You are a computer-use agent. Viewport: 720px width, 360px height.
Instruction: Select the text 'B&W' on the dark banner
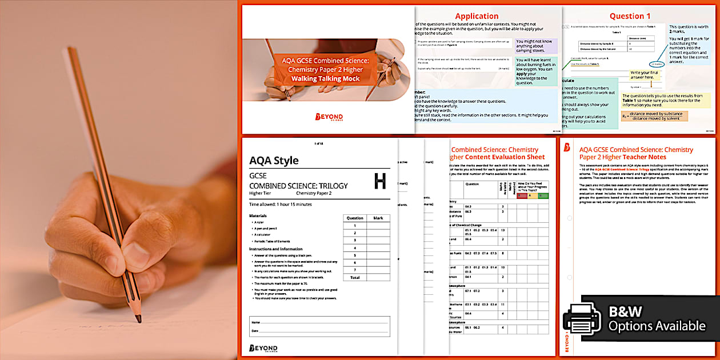pyautogui.click(x=626, y=312)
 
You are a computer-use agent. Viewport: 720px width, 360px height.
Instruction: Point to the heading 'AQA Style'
pyautogui.click(x=274, y=161)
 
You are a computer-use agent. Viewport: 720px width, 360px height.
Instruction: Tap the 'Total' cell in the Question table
pyautogui.click(x=354, y=277)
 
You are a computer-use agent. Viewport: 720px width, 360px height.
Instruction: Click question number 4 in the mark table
pyautogui.click(x=354, y=247)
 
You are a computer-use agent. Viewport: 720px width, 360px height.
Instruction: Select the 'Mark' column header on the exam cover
pyautogui.click(x=378, y=218)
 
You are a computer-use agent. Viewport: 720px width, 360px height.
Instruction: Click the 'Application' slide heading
pyautogui.click(x=477, y=16)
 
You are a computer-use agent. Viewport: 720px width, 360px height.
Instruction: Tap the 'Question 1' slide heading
pyautogui.click(x=630, y=16)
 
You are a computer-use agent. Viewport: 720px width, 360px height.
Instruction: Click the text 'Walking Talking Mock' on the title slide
pyautogui.click(x=325, y=79)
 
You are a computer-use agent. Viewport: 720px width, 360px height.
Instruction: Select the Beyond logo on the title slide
pyautogui.click(x=329, y=117)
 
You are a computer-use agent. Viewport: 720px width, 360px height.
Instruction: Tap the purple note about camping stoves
pyautogui.click(x=537, y=45)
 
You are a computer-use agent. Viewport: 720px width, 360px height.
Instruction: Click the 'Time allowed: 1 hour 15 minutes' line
pyautogui.click(x=280, y=204)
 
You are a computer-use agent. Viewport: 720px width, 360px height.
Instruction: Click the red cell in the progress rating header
pyautogui.click(x=521, y=195)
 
